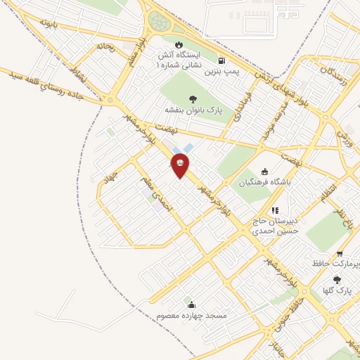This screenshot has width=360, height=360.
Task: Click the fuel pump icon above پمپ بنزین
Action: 222,61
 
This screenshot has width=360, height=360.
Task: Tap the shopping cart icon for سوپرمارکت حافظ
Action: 340,254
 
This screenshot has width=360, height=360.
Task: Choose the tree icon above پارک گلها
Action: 337,280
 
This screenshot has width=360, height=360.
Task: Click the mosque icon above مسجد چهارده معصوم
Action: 191,304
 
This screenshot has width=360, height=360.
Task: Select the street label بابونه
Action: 47,24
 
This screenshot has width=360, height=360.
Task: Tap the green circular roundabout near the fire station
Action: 159,22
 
